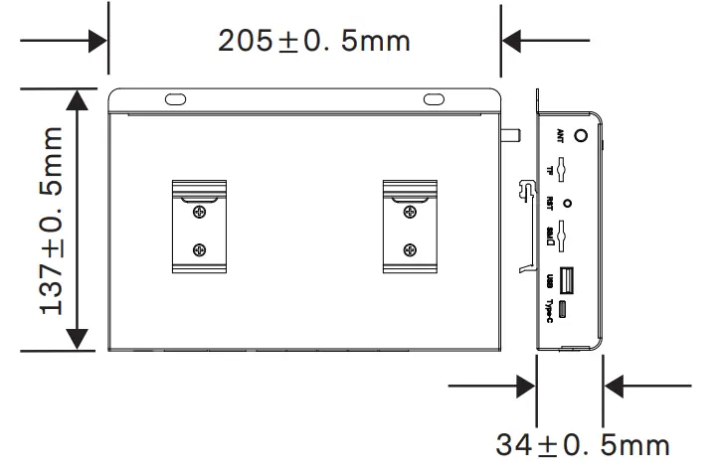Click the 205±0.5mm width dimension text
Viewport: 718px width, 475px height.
point(313,42)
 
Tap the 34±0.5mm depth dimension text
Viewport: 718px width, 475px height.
point(583,443)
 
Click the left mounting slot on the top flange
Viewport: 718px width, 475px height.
point(175,99)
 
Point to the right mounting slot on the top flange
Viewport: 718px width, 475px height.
point(435,99)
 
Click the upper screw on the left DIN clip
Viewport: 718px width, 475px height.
point(200,211)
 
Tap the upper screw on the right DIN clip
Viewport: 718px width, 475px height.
point(409,211)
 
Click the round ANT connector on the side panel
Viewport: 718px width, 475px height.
point(581,136)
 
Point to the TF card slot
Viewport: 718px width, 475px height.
point(563,170)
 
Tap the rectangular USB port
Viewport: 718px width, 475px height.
point(565,279)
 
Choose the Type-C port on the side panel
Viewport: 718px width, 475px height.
point(564,310)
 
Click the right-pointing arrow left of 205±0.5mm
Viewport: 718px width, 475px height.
point(96,41)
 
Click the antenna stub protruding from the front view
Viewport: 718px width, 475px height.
point(515,136)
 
